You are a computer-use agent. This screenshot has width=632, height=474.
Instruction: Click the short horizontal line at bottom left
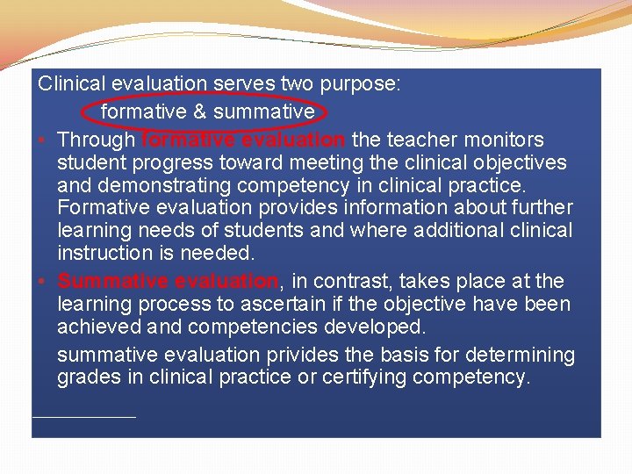point(84,416)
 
